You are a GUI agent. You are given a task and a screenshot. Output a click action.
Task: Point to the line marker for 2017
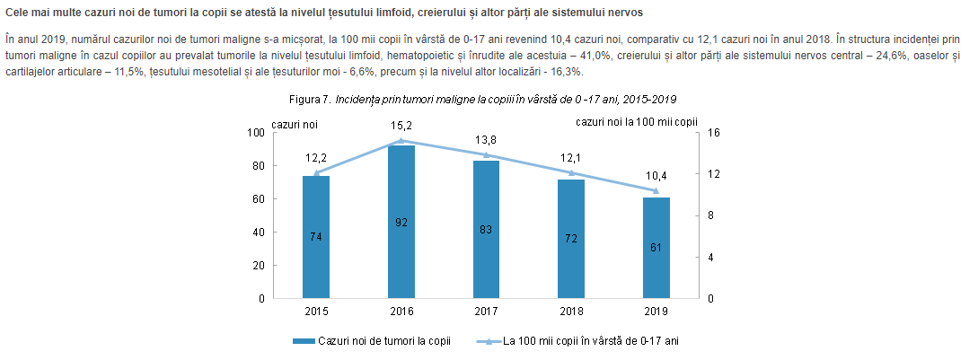[x=487, y=155]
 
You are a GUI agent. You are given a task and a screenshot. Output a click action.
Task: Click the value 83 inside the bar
[x=487, y=230]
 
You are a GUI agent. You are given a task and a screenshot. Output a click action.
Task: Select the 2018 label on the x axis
[x=571, y=312]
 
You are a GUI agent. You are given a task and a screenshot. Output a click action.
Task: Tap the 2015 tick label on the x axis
[x=316, y=312]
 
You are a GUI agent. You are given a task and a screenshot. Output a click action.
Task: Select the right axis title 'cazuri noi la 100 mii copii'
[x=637, y=119]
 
